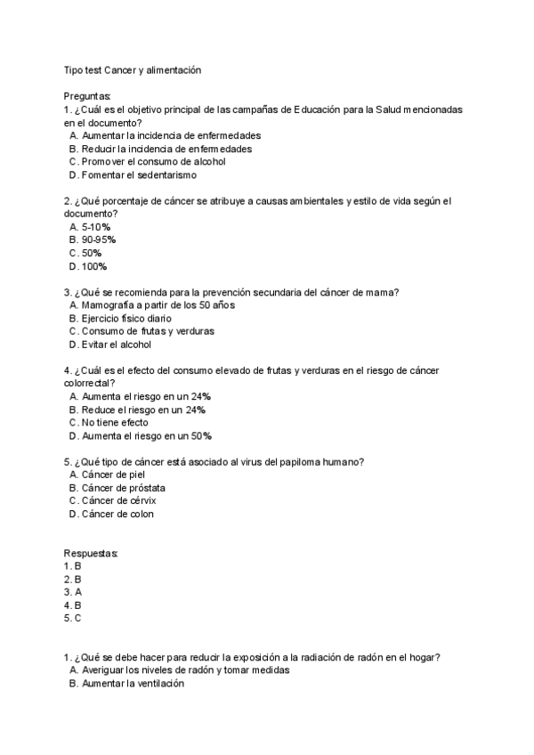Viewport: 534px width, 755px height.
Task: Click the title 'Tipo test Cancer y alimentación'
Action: point(139,69)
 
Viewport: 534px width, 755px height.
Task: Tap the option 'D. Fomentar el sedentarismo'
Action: point(133,175)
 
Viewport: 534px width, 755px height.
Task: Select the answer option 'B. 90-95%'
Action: point(93,240)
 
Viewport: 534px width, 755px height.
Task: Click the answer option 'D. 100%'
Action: point(88,266)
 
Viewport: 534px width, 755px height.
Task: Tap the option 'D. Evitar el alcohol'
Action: point(110,345)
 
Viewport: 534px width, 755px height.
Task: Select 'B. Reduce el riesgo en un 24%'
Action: point(137,410)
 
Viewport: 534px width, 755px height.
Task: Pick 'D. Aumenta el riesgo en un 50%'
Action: point(140,436)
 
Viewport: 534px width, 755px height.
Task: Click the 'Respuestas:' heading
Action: point(91,553)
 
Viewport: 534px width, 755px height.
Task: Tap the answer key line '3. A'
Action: point(73,591)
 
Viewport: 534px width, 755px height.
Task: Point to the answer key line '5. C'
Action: point(73,617)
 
